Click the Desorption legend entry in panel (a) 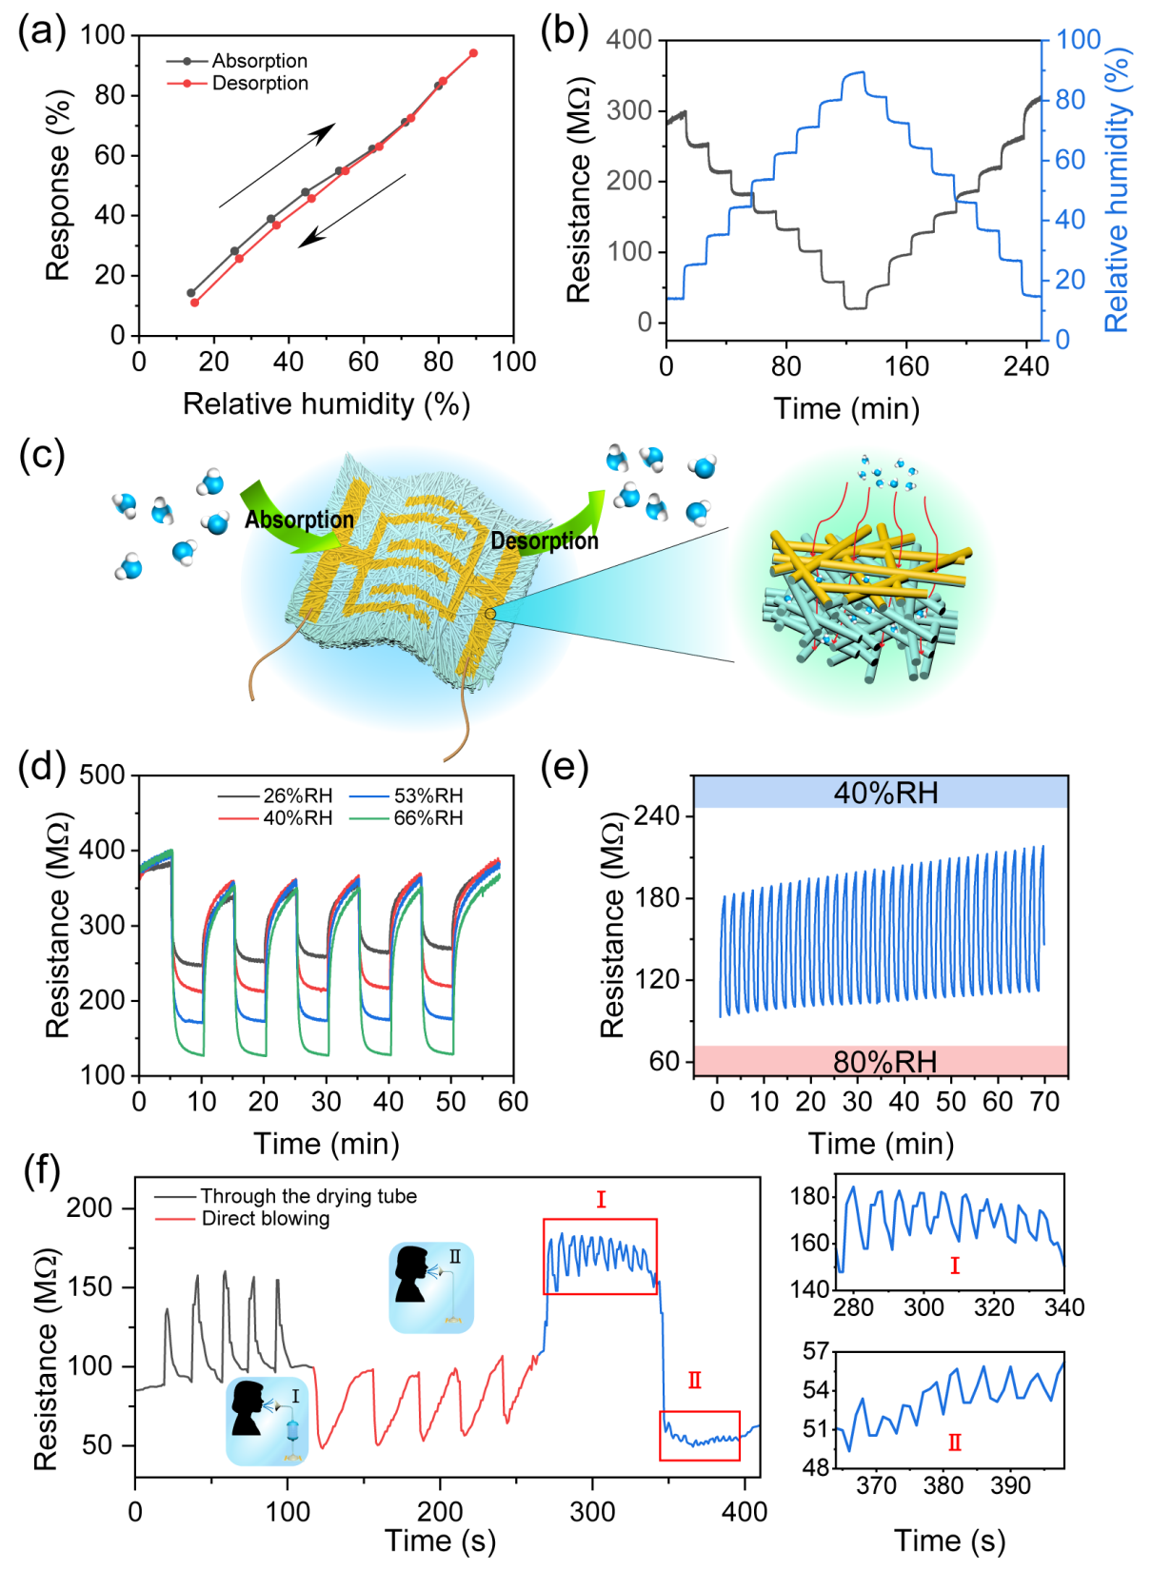click(259, 84)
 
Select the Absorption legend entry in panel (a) click(259, 61)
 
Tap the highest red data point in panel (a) click(473, 53)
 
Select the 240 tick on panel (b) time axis click(1025, 366)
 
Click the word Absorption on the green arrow click(299, 520)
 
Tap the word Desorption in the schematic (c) click(545, 540)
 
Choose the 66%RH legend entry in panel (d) click(427, 818)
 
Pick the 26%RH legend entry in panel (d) click(297, 795)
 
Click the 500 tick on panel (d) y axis click(103, 775)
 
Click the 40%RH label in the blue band click(885, 793)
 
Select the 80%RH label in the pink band click(885, 1061)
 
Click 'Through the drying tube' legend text click(308, 1196)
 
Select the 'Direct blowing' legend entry click(265, 1219)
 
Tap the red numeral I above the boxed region click(601, 1200)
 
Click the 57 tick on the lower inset click(816, 1351)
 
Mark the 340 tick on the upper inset click(1063, 1307)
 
